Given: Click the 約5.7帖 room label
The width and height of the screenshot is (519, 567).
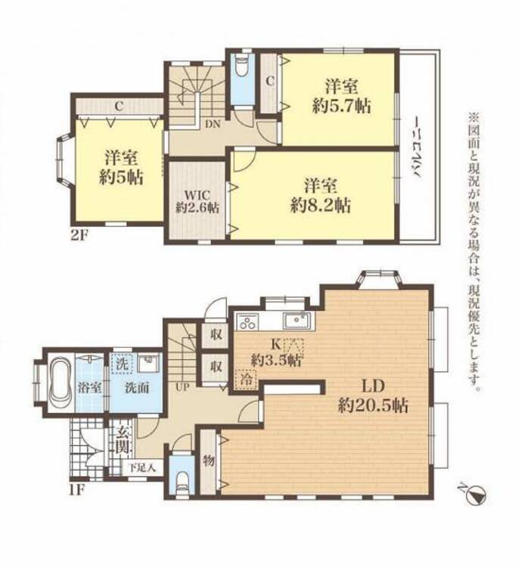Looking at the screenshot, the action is [x=341, y=107].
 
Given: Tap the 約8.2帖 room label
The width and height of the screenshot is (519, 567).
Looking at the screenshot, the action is [x=321, y=206].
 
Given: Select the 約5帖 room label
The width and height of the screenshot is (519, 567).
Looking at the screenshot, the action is [x=121, y=178].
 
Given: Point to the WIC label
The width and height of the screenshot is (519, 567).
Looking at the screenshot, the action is [x=197, y=195].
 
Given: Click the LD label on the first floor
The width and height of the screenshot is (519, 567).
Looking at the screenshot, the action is [x=373, y=386].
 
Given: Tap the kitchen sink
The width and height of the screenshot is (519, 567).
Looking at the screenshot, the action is [x=297, y=321].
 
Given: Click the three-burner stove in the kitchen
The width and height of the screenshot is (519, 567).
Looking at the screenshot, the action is [x=247, y=321].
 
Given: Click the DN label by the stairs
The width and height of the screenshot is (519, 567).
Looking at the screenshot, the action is [x=213, y=125].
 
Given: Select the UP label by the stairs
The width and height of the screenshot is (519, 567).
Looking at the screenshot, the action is [x=182, y=387].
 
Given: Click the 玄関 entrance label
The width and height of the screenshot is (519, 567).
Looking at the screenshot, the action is [x=122, y=440].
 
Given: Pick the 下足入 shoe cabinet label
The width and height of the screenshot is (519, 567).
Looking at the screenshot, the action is [x=142, y=467].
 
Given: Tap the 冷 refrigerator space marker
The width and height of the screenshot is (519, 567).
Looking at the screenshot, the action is [x=246, y=380].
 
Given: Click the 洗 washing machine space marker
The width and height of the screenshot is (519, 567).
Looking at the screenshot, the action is [x=122, y=364].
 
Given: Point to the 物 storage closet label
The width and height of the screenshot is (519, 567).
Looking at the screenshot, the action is [x=208, y=461].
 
